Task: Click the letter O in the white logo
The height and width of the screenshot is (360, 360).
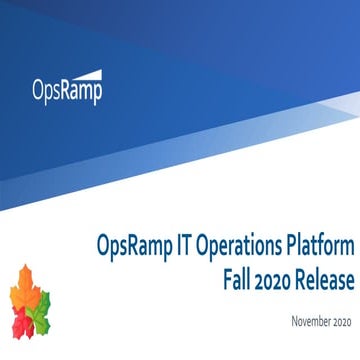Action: [38, 93]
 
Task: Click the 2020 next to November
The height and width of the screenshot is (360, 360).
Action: [341, 321]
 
